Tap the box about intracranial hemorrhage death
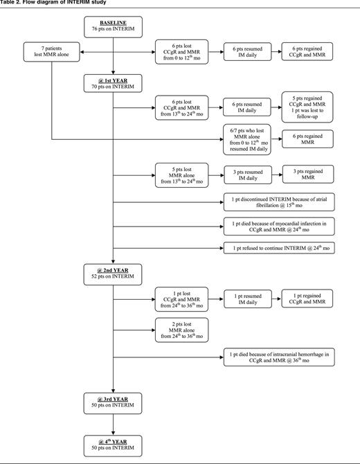tap(279, 357)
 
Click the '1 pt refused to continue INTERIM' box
tap(279, 248)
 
